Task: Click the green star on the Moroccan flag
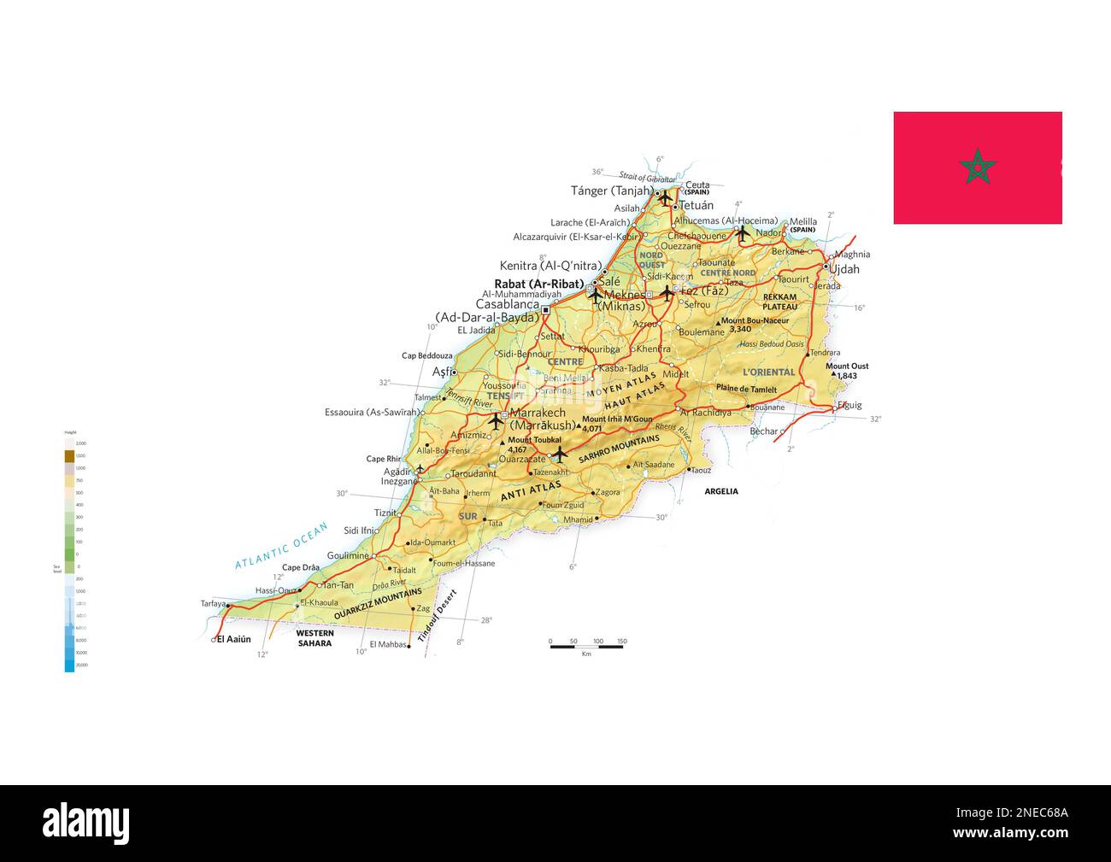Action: (977, 167)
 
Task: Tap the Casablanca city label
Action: (508, 304)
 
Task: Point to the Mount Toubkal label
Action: (532, 440)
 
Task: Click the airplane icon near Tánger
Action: (665, 197)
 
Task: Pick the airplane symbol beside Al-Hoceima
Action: (742, 232)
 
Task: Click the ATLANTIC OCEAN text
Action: (281, 547)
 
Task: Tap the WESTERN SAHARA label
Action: (314, 638)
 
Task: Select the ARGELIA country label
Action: (720, 491)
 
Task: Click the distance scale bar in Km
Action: (586, 646)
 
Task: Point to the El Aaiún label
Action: (233, 639)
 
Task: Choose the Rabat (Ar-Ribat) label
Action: (538, 284)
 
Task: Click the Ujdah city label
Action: (844, 269)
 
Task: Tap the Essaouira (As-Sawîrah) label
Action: (372, 413)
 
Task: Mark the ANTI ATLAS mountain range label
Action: (531, 492)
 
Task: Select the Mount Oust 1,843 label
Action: (847, 371)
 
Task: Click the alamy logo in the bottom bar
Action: (85, 824)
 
